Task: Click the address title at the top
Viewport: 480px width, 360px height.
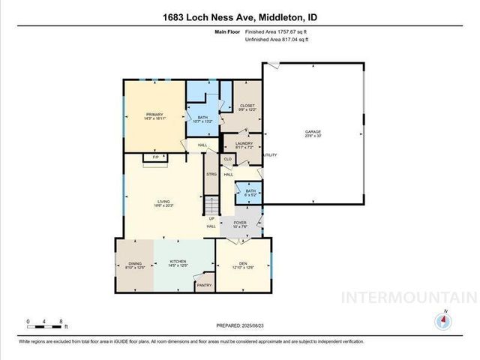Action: [239, 18]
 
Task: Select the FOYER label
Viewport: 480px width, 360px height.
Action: [240, 223]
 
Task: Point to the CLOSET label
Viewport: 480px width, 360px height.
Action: [247, 107]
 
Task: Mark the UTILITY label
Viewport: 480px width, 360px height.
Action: [270, 156]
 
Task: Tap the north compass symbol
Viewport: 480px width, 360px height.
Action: [445, 319]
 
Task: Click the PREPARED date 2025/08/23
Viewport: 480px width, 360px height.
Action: [239, 324]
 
